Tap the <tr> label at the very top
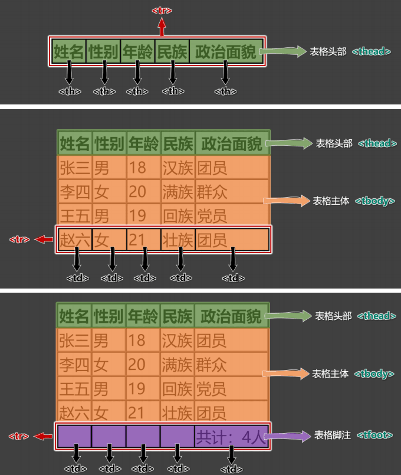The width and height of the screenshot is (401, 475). (162, 11)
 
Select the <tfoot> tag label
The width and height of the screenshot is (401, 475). (373, 435)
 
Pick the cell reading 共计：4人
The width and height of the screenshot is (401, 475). (231, 437)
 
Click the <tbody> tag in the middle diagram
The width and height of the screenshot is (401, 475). (374, 201)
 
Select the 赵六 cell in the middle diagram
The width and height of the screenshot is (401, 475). (74, 240)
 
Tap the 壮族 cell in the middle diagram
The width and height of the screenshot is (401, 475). (178, 240)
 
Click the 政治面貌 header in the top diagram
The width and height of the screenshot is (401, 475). (226, 52)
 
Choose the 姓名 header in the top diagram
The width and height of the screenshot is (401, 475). (68, 52)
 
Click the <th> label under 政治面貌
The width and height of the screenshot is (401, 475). (225, 91)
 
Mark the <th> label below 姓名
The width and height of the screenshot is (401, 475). (70, 91)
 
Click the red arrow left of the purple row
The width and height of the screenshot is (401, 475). (43, 436)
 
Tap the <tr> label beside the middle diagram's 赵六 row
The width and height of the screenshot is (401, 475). (19, 240)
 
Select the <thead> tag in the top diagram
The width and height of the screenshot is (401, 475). (372, 51)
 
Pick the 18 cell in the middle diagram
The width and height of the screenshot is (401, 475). (137, 168)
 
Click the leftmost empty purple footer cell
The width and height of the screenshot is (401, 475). (74, 437)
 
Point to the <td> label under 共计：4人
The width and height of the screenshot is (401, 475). (231, 469)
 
